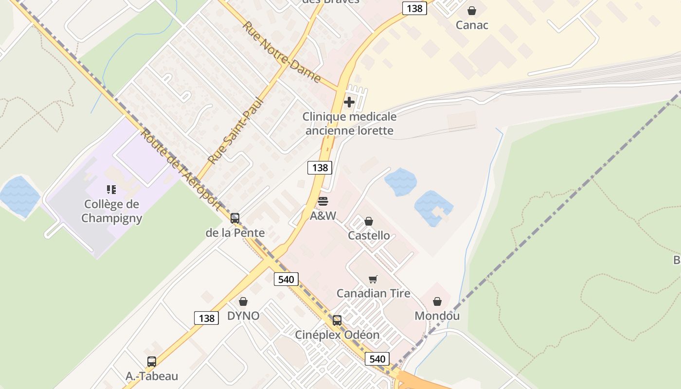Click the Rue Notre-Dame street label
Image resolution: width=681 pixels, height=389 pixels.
(x=281, y=52)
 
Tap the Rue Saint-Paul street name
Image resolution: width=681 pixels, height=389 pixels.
(x=235, y=131)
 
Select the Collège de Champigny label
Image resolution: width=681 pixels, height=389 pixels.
(x=111, y=211)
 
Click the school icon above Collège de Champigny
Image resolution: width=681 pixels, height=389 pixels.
(x=111, y=189)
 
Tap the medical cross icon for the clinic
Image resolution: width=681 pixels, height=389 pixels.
(x=349, y=102)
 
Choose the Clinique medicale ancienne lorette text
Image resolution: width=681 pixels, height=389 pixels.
(x=349, y=124)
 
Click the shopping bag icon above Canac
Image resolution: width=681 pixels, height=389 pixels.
(x=471, y=10)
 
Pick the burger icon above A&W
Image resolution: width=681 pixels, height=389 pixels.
(x=323, y=201)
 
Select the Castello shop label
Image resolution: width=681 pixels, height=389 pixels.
(x=369, y=235)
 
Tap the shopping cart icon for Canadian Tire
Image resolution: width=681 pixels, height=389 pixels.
(x=373, y=279)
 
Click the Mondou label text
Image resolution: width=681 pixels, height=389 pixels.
(x=437, y=316)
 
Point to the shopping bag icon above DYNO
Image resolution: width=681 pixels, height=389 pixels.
(x=243, y=301)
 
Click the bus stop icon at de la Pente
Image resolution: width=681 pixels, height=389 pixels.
(x=235, y=218)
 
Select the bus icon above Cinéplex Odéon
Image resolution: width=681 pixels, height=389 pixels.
(x=337, y=320)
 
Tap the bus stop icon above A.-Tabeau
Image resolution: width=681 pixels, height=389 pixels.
(x=152, y=362)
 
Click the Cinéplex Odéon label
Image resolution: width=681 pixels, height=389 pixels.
(x=337, y=335)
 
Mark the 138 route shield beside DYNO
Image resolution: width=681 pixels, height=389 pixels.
(x=206, y=318)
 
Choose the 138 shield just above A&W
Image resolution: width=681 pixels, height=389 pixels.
(x=320, y=167)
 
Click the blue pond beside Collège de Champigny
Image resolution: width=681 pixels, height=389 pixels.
(x=19, y=196)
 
